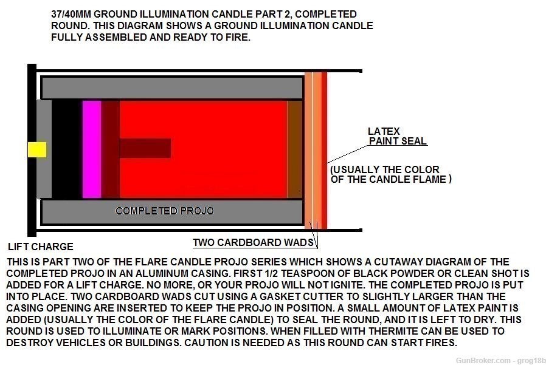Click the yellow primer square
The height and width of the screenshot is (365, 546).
tap(37, 149)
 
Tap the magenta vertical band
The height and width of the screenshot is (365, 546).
tap(92, 149)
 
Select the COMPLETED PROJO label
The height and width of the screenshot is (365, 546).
tap(165, 211)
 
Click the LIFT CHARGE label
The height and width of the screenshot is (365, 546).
tap(41, 247)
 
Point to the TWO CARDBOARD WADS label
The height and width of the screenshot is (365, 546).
tap(253, 242)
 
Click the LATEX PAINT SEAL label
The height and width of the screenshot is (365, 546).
tap(397, 136)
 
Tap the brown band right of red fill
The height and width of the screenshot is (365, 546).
tap(295, 149)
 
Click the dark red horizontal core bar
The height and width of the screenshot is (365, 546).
tap(145, 148)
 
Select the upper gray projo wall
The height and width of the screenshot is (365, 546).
tap(172, 88)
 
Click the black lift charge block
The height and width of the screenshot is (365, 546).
tap(67, 149)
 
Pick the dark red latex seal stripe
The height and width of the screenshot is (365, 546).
tap(324, 151)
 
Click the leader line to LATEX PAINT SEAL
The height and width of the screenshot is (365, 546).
tap(347, 154)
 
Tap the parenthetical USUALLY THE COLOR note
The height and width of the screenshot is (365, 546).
tap(391, 174)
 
